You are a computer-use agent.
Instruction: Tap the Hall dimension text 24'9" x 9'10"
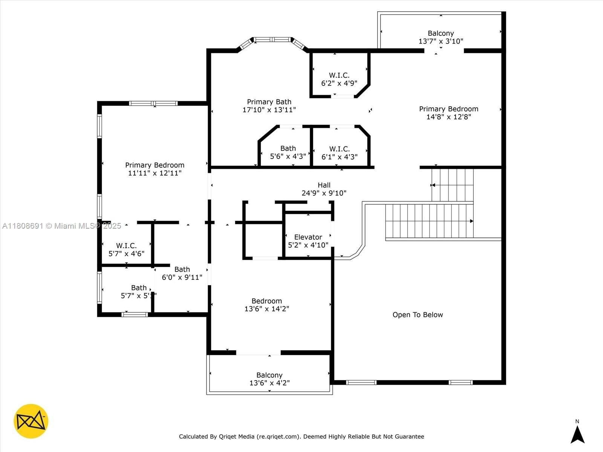point(324,193)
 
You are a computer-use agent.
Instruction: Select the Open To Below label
point(418,315)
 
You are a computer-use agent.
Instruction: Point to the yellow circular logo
point(31,421)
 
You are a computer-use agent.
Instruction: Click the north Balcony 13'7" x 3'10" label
point(441,37)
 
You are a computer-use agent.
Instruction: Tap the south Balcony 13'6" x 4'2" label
point(269,379)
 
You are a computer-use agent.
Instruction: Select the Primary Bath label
point(269,106)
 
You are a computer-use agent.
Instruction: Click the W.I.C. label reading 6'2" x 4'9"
point(339,79)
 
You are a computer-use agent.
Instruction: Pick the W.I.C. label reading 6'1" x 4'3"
point(339,153)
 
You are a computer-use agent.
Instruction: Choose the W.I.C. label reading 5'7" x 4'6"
point(126,249)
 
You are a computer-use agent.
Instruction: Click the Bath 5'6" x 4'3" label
point(288,152)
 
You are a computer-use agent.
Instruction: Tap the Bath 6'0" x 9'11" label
point(182,273)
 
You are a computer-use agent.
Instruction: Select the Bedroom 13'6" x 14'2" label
point(267,305)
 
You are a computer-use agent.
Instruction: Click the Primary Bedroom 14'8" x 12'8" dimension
point(448,117)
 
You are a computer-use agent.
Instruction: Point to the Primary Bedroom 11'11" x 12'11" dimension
point(155,173)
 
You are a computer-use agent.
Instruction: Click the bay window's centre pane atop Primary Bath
point(272,40)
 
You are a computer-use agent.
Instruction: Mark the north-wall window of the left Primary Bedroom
point(153,104)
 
